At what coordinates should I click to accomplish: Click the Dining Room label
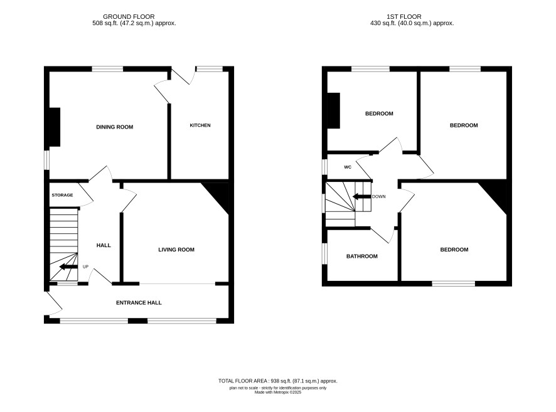pos(115,127)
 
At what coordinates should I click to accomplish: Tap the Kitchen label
pos(200,125)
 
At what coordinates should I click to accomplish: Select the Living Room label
pos(176,250)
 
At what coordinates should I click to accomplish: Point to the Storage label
pos(62,195)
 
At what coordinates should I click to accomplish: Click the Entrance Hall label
pos(139,302)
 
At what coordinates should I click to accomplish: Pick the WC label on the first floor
pos(348,167)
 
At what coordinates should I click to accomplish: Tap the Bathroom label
pos(362,256)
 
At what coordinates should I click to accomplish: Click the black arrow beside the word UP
pos(68,267)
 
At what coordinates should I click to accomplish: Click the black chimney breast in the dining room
pos(55,127)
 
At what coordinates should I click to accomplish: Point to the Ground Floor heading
pos(129,17)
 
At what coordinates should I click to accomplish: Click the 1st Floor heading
pos(404,17)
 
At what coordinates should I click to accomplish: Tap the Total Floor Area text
pos(277,381)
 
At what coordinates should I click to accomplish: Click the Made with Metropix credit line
pos(277,392)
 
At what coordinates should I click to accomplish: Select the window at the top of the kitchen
pos(209,69)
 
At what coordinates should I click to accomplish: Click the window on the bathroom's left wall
pos(324,253)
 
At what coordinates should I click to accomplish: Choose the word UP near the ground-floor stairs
pos(85,267)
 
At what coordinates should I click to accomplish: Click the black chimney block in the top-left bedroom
pos(334,110)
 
